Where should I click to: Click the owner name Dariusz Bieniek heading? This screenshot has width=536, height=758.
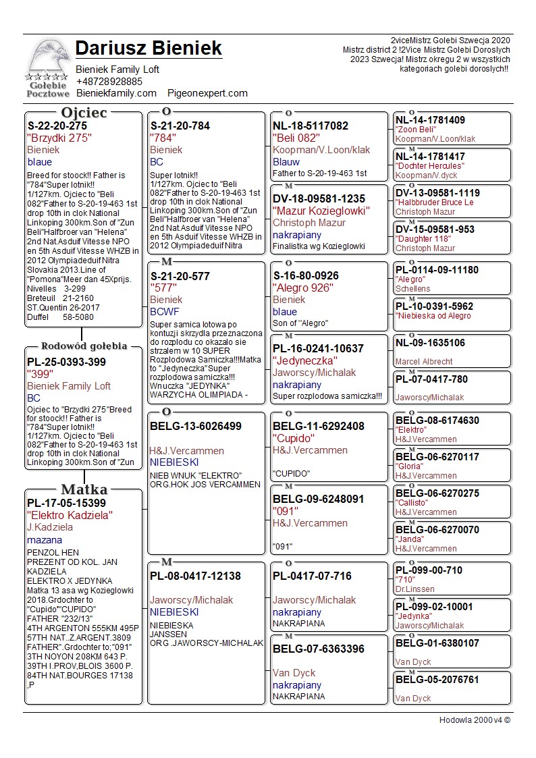point(149,49)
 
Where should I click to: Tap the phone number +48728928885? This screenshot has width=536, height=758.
point(109,81)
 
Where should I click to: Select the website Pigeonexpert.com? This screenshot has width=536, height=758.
point(207,92)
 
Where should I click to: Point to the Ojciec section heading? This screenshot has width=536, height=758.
point(84,113)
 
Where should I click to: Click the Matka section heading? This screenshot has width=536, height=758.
point(84,489)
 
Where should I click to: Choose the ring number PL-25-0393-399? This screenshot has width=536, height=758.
point(66,362)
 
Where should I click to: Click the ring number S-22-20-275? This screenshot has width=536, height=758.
point(57,126)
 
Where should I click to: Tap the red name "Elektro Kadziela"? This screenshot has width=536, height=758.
point(70,515)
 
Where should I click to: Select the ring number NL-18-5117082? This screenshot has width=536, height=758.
point(311,126)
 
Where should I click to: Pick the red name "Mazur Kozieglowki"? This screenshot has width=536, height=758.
point(321,211)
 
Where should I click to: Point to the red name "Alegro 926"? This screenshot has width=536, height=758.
point(305,288)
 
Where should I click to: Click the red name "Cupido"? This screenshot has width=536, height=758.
point(294,438)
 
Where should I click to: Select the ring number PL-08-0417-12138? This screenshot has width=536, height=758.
point(195,576)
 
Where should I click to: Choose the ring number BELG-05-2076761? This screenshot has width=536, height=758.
point(437,680)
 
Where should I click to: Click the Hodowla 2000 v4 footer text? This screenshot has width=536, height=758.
point(474,720)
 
